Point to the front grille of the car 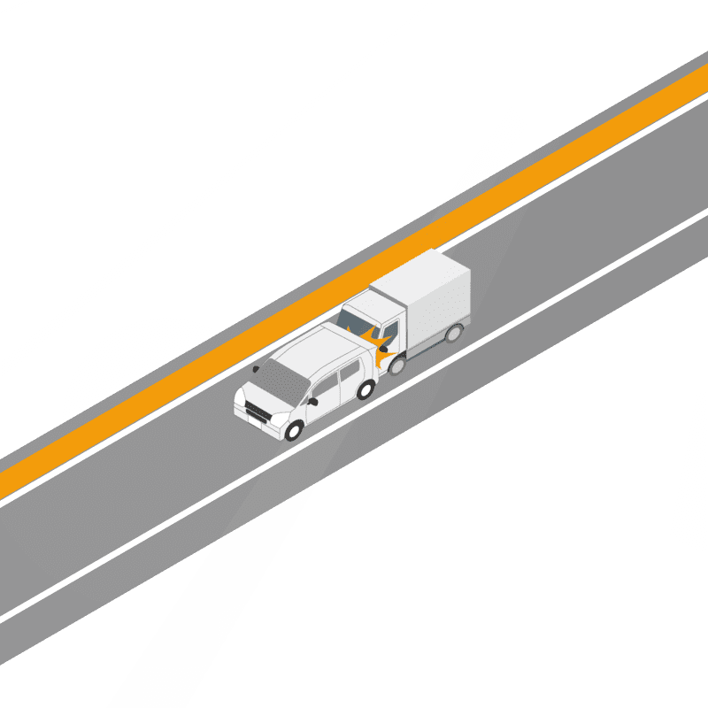257,411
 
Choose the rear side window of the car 350,372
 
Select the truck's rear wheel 454,333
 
